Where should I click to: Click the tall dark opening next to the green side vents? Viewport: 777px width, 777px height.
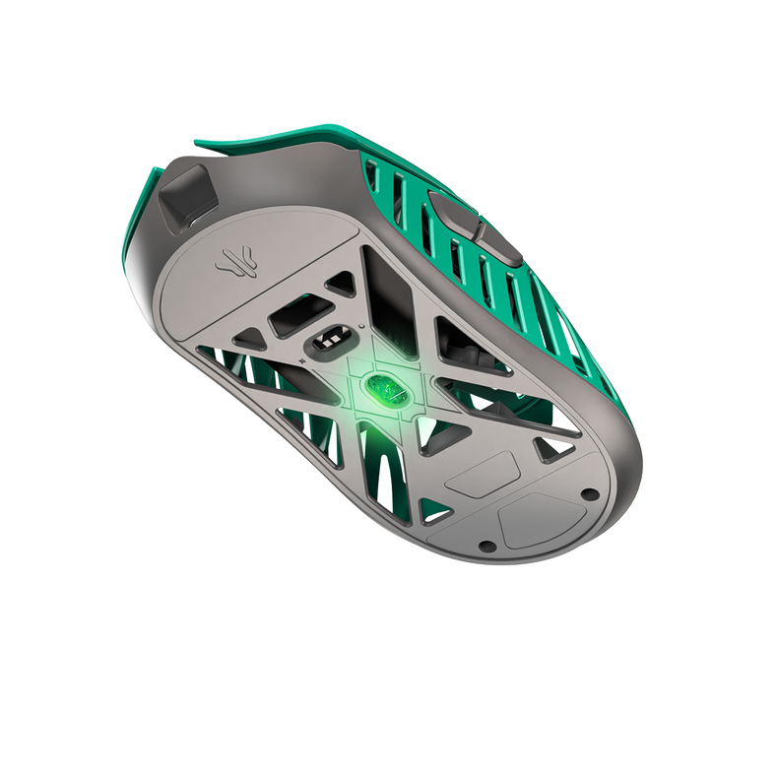tap(390, 286)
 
